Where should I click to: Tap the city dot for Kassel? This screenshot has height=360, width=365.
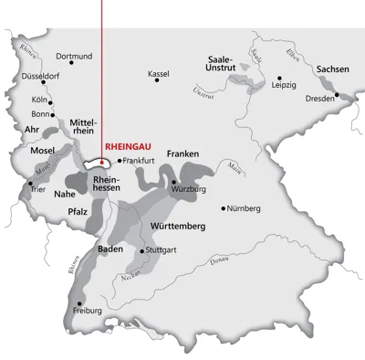pyautogui.click(x=157, y=80)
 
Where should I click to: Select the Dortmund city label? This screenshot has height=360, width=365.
pyautogui.click(x=74, y=57)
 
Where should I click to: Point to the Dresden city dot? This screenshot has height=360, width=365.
pyautogui.click(x=336, y=94)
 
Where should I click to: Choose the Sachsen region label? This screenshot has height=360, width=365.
pyautogui.click(x=332, y=69)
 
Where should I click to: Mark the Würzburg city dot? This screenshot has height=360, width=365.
pyautogui.click(x=173, y=182)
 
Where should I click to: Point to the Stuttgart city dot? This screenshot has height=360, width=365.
pyautogui.click(x=140, y=249)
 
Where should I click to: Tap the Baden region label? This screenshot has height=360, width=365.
pyautogui.click(x=110, y=248)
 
